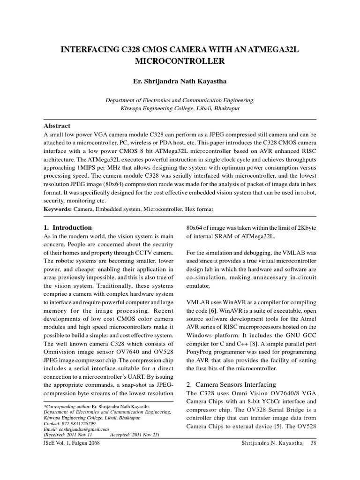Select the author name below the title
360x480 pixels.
click(x=180, y=81)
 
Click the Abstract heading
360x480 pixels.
click(x=57, y=126)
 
